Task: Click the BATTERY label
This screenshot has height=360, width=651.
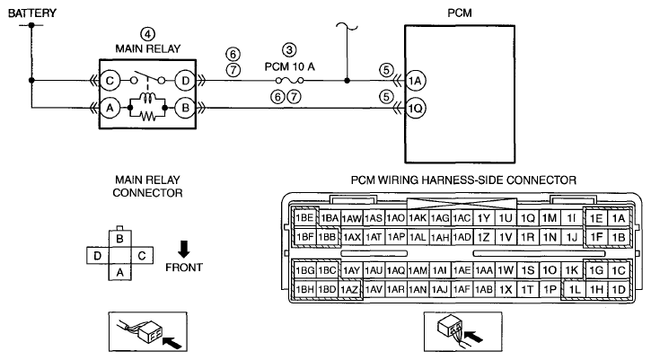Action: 32,13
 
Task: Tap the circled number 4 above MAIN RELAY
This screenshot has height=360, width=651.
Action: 148,34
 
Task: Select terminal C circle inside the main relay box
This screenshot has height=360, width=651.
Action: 110,80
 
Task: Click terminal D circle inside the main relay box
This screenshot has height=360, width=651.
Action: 185,80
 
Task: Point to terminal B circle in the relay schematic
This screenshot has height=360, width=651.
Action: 185,108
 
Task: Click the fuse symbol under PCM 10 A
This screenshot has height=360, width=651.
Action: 289,80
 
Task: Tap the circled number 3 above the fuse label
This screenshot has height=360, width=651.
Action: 289,50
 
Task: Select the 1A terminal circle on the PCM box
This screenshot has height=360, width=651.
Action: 415,80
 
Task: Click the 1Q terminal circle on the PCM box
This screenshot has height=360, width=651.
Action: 415,108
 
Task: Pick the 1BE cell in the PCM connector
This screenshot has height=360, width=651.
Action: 304,217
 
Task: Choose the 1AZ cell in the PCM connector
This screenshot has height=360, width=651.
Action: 349,289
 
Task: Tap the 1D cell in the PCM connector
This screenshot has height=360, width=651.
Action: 619,289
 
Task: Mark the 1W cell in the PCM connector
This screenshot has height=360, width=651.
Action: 506,270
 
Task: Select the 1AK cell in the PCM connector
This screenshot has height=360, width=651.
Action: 418,217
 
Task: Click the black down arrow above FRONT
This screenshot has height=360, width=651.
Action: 183,249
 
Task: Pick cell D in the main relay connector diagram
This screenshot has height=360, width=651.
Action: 98,255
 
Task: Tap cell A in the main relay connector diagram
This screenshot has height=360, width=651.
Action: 120,272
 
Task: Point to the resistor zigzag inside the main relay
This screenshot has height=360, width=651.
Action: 147,117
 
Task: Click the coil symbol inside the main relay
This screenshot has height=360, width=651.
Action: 147,98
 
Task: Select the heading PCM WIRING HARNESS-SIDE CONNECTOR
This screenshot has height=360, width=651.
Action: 463,180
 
